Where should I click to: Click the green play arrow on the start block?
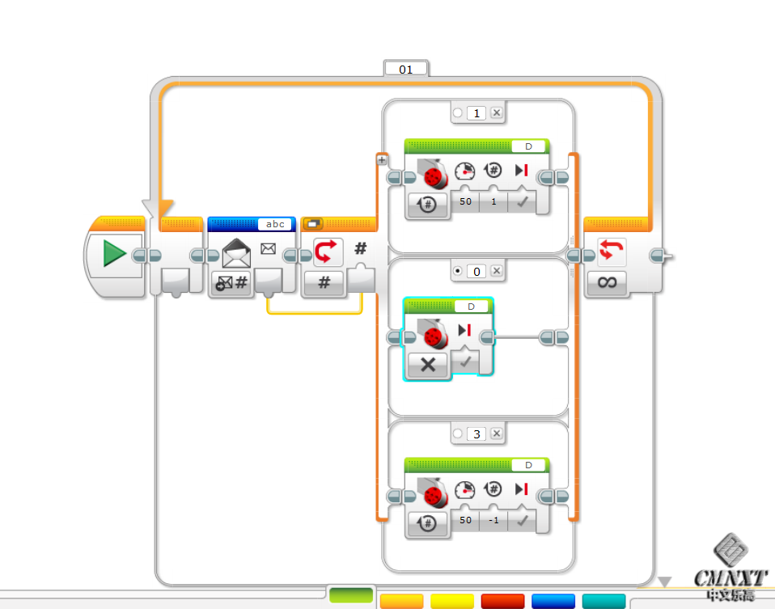[114, 254]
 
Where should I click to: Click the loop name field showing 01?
[405, 70]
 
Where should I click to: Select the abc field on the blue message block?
[275, 224]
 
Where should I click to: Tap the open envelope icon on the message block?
[235, 253]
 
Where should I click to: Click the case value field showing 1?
[476, 113]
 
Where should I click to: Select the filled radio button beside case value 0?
[458, 271]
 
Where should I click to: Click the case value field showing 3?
[476, 434]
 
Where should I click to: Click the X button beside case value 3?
[497, 434]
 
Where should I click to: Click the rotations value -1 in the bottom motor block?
[493, 520]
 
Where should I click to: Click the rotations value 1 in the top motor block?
[493, 201]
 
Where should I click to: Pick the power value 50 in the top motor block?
[465, 201]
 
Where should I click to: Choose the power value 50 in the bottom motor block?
[465, 520]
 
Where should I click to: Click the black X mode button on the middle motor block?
[428, 365]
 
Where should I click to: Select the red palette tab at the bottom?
[503, 601]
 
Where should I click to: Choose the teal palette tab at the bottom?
[604, 601]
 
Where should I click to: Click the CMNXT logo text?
[731, 577]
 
